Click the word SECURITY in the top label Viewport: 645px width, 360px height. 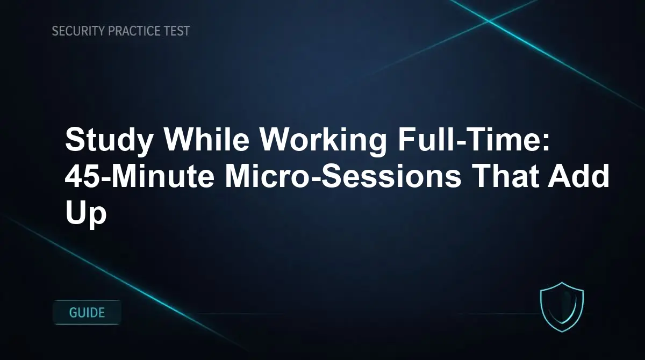(x=78, y=31)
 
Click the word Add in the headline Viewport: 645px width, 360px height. (x=578, y=178)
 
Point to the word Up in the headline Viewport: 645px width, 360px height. (x=86, y=214)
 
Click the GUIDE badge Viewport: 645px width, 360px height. (x=87, y=312)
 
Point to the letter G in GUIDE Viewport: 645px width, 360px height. (x=74, y=312)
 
